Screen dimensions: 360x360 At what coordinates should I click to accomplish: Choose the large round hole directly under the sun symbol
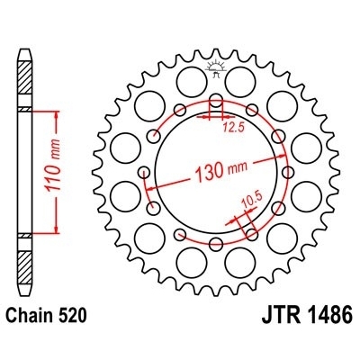click(216, 83)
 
